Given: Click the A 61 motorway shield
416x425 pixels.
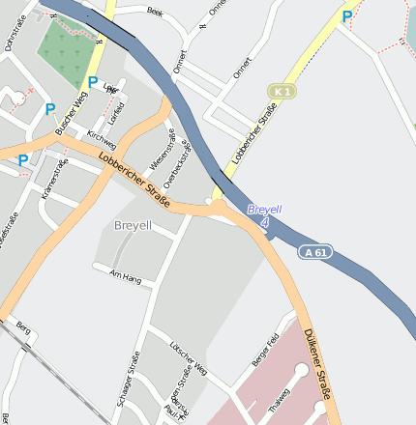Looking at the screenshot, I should [x=314, y=252].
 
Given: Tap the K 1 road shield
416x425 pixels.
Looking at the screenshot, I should [x=282, y=91].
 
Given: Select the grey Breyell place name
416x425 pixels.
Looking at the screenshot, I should [x=134, y=225].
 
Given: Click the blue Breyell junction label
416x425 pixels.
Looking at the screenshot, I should [x=264, y=209].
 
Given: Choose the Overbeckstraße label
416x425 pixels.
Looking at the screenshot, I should [x=177, y=163].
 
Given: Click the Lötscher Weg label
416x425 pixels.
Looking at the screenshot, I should [x=188, y=355].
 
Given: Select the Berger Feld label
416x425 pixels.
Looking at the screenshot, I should [x=265, y=349].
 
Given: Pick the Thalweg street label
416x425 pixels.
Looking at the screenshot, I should [x=279, y=400].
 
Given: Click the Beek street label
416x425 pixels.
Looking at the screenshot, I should [x=155, y=12].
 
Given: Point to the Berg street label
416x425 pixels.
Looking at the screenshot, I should [x=24, y=329].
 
